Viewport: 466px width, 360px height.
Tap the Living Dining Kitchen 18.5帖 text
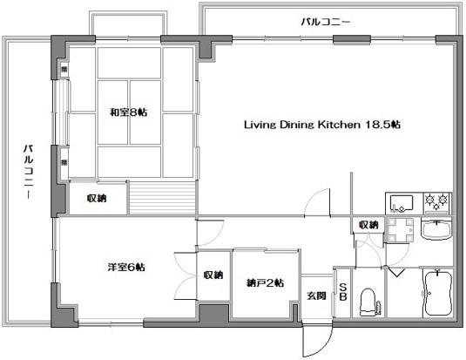point(321,125)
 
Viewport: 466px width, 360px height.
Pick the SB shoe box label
point(343,292)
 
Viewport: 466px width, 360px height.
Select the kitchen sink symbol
point(403,203)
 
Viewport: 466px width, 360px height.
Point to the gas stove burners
point(436,203)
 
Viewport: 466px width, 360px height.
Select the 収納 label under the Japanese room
point(96,199)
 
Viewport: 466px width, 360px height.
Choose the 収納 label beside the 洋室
point(213,275)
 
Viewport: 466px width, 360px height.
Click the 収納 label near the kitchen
point(368,225)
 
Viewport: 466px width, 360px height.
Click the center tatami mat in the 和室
point(130,112)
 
